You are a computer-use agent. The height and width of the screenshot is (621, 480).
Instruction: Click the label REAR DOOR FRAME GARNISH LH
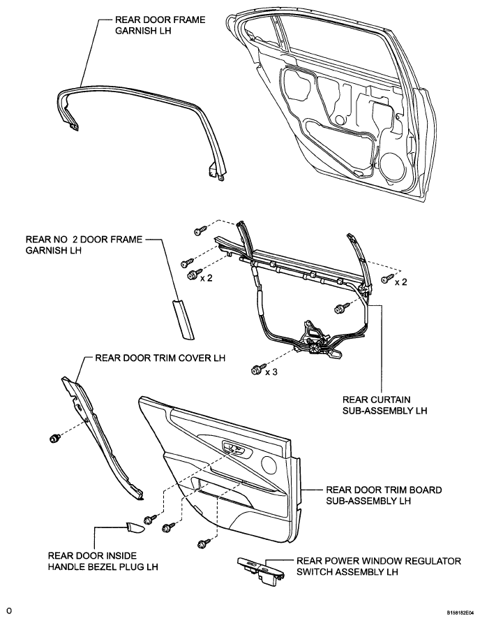[160, 25]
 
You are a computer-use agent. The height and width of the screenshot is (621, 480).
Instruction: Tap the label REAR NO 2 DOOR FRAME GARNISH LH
[84, 244]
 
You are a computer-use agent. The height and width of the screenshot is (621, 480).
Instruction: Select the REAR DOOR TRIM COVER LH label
[160, 358]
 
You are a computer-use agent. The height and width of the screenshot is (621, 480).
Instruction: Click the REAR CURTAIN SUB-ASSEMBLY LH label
[384, 405]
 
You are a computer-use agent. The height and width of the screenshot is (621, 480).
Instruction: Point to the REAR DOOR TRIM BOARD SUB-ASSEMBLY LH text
[384, 495]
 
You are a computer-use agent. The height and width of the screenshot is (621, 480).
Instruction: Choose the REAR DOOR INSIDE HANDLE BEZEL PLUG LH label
[103, 561]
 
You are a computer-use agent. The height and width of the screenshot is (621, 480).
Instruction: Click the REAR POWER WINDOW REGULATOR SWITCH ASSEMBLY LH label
[379, 567]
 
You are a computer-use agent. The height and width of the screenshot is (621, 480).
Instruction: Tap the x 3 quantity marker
[271, 372]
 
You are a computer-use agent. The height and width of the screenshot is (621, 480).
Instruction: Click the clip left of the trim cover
[55, 438]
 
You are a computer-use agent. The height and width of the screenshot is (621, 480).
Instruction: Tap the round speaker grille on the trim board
[269, 463]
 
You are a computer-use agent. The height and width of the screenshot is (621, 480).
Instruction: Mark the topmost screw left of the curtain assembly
[200, 230]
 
